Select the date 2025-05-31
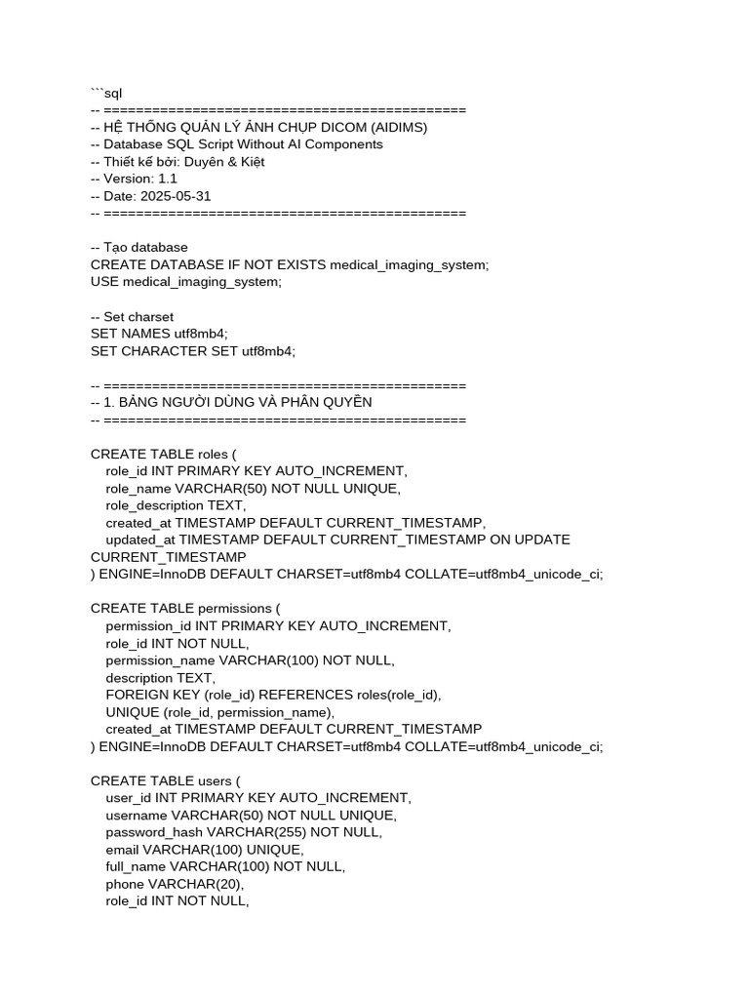tap(176, 196)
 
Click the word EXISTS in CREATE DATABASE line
tap(296, 264)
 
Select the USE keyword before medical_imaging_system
tap(104, 282)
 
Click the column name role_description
tap(154, 505)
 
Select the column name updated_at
tap(140, 539)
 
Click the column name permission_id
tap(148, 626)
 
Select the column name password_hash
tap(154, 832)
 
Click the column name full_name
tap(136, 866)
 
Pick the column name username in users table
tap(137, 815)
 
